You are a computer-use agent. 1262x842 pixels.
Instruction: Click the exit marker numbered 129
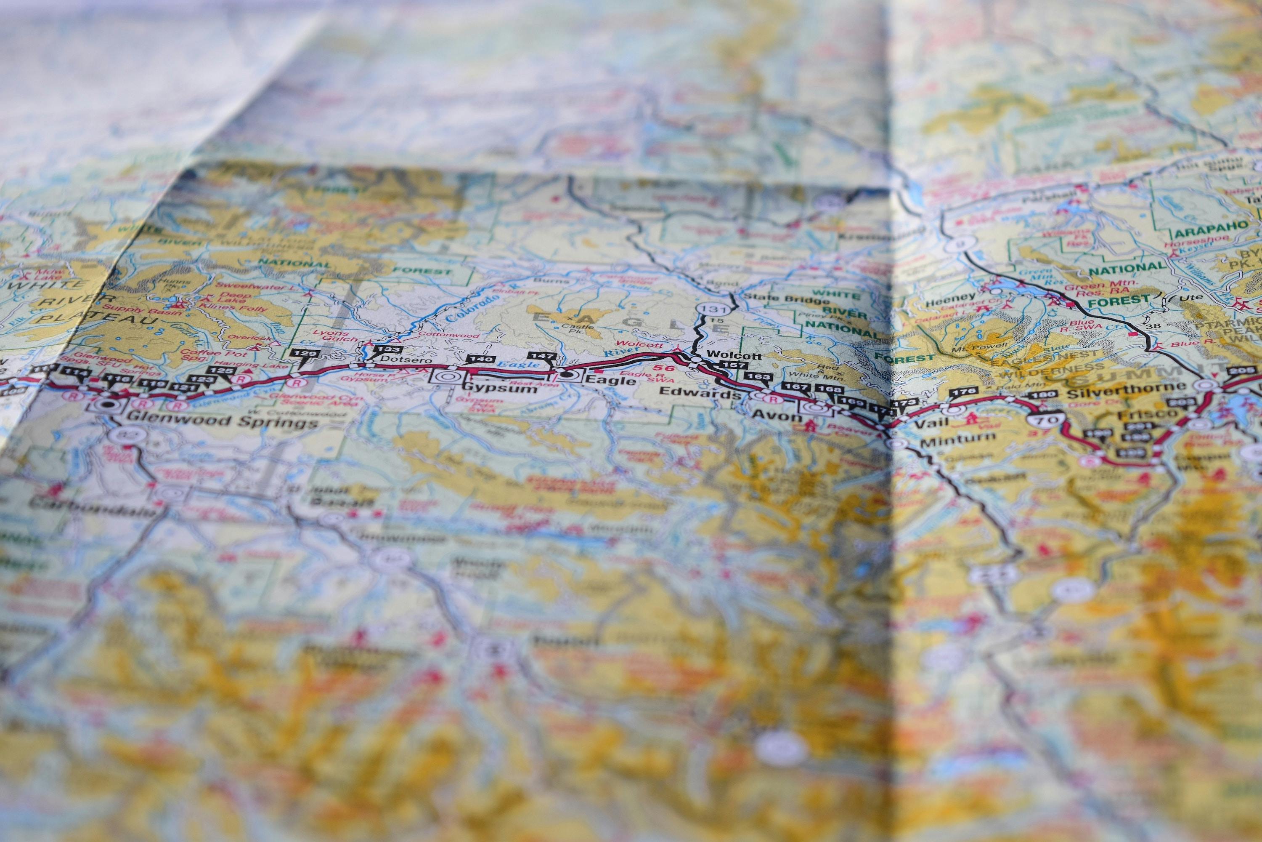tap(303, 353)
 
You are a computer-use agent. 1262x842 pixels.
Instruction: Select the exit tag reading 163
tap(759, 376)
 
